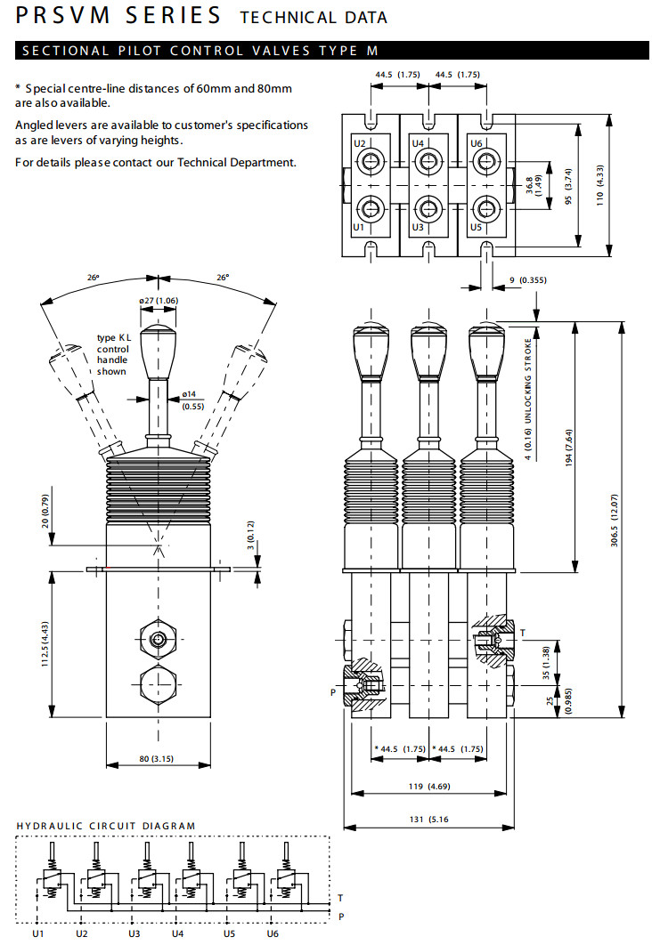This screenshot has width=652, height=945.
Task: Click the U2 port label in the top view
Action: pos(360,143)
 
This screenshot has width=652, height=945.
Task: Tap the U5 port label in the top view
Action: pos(476,227)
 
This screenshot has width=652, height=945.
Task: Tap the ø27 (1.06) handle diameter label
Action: pos(159,301)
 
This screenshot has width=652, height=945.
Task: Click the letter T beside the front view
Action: pos(523,633)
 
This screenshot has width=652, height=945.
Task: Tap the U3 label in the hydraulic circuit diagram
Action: pos(134,933)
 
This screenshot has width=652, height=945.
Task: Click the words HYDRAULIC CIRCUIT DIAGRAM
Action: pos(106,826)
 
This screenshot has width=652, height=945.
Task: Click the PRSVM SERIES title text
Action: pos(118,15)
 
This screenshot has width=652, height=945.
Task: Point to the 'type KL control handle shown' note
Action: pos(112,355)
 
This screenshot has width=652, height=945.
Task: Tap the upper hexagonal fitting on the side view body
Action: pos(159,640)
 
